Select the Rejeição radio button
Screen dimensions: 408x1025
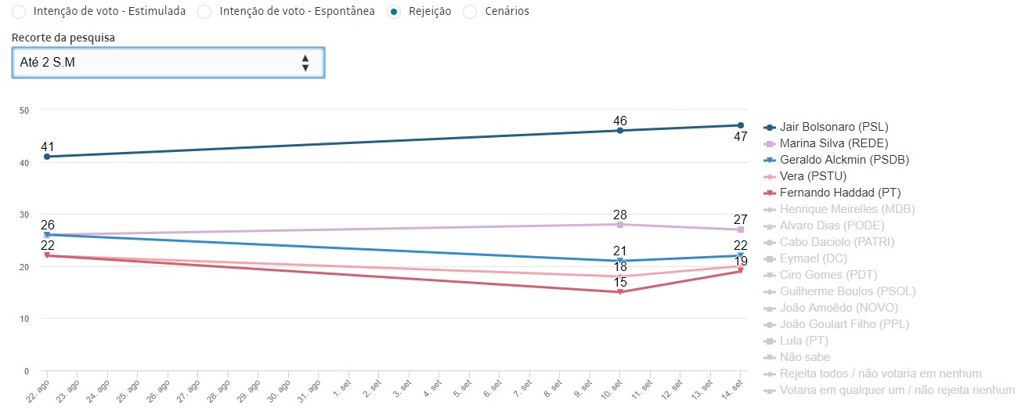click(395, 12)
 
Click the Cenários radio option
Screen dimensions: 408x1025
click(470, 12)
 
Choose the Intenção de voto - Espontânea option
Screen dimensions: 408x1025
click(204, 12)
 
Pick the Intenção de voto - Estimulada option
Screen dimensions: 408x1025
click(19, 12)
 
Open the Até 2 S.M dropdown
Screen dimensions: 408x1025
click(168, 63)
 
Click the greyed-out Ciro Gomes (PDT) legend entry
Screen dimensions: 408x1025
click(828, 275)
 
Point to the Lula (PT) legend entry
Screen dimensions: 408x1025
click(803, 341)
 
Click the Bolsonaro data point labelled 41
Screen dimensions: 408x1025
click(47, 157)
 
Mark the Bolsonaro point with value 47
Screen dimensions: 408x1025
click(740, 125)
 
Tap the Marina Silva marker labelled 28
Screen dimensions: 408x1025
click(620, 225)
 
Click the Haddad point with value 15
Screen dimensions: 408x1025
click(620, 292)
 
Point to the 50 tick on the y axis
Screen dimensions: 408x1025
click(24, 110)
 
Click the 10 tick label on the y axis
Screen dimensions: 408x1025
click(24, 319)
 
